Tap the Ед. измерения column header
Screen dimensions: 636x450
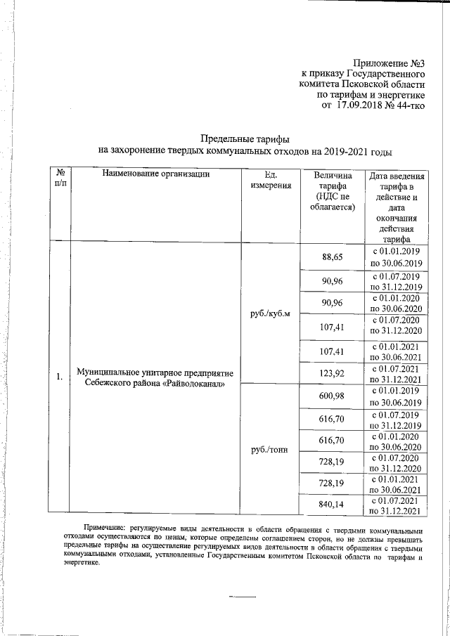[x=270, y=180]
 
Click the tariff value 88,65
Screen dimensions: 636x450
[x=332, y=257]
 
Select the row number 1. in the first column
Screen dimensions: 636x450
[x=59, y=378]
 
